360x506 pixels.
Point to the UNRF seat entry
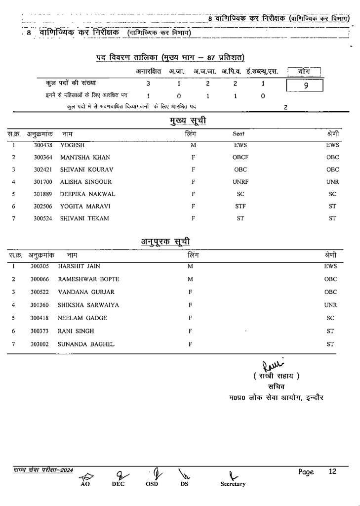[240, 182]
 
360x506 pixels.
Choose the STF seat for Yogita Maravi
[240, 206]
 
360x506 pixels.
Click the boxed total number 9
[306, 85]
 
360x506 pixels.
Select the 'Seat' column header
[239, 133]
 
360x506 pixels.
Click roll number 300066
[40, 279]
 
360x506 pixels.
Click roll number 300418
[40, 318]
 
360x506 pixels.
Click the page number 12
[332, 472]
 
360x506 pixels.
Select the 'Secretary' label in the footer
[233, 484]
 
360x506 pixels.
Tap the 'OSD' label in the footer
[152, 484]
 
